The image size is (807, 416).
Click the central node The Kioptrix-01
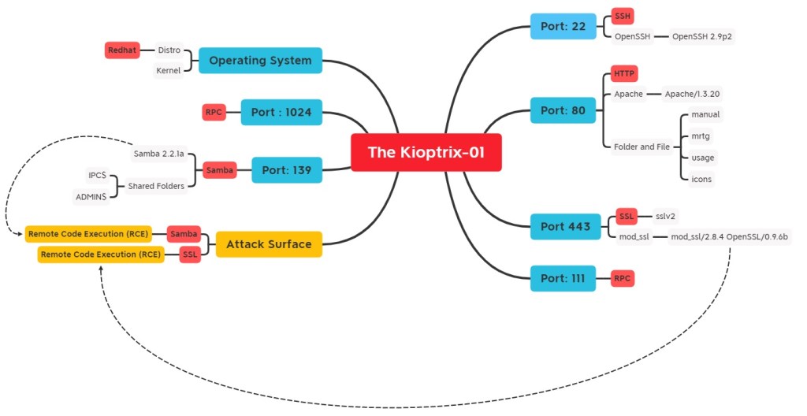[426, 152]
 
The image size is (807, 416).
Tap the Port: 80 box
[563, 111]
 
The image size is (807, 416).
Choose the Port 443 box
[565, 226]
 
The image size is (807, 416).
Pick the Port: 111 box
[563, 278]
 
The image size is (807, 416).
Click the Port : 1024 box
[281, 113]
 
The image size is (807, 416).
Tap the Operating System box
[260, 61]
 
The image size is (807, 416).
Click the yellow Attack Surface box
[269, 244]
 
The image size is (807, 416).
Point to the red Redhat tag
[122, 50]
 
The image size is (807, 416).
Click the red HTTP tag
[624, 74]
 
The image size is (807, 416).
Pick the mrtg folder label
[701, 136]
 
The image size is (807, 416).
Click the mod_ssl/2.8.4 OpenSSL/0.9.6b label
[729, 236]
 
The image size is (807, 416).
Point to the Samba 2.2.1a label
[158, 153]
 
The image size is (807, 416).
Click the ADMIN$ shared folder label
[91, 195]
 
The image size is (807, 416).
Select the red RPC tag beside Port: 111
[623, 278]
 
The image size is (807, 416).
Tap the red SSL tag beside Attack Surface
[189, 255]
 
